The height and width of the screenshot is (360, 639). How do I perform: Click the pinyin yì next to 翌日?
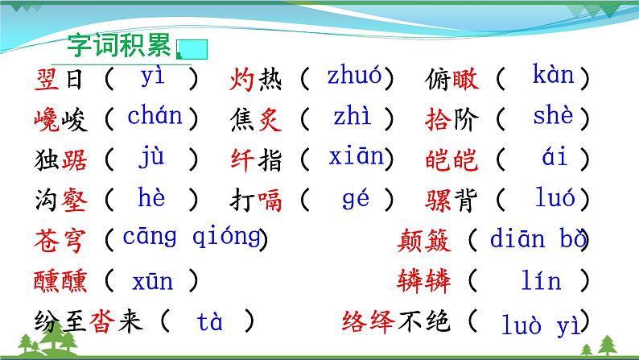[x=152, y=78]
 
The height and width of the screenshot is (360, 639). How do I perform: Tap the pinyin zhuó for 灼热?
[x=354, y=77]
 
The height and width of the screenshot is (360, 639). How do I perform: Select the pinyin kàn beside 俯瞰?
[x=554, y=77]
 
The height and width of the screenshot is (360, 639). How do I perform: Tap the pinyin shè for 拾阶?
[x=554, y=118]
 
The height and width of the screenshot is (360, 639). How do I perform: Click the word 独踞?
[x=59, y=160]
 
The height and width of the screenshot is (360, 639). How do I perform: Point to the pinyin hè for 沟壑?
[x=151, y=197]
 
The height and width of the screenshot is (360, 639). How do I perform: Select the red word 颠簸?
[x=424, y=240]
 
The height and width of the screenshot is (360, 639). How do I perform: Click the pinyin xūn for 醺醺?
[x=152, y=282]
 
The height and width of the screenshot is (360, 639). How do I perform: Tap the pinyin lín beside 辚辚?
[x=541, y=282]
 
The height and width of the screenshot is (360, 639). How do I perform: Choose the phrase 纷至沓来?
[x=89, y=323]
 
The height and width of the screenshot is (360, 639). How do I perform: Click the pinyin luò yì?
[x=540, y=325]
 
